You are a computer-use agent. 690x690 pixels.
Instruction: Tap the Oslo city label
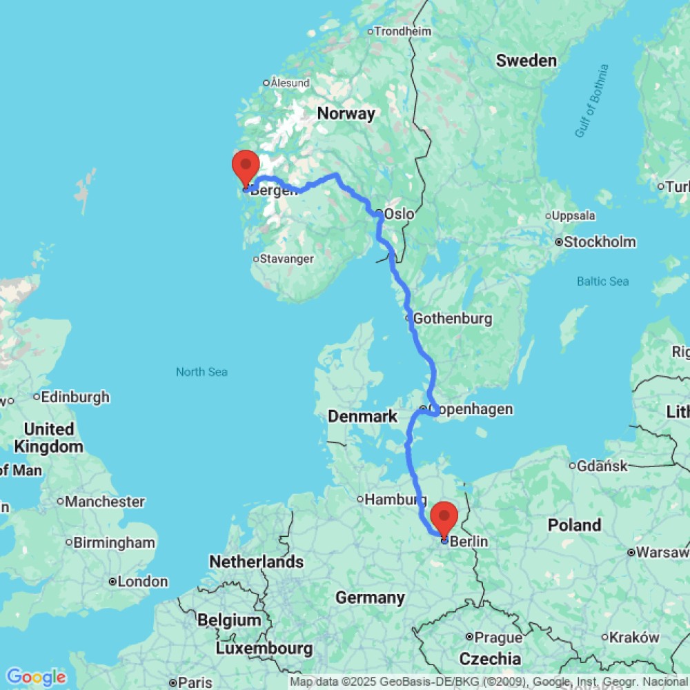coord(399,214)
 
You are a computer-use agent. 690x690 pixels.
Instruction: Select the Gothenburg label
coord(452,319)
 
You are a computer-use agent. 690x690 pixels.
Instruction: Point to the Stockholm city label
coord(600,242)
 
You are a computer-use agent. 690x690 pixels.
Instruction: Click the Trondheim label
coord(403,31)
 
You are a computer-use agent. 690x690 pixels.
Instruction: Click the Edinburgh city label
coord(75,397)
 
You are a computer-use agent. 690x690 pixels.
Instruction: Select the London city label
coord(142,582)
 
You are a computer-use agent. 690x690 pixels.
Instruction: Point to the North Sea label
coord(201,372)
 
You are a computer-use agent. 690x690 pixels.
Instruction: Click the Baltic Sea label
coord(602,281)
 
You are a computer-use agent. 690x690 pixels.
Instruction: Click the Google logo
coord(36,677)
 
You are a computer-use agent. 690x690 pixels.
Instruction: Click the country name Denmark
coord(362,416)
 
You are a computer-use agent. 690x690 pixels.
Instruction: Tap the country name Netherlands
coord(257,562)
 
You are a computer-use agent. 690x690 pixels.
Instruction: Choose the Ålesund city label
coord(290,83)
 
